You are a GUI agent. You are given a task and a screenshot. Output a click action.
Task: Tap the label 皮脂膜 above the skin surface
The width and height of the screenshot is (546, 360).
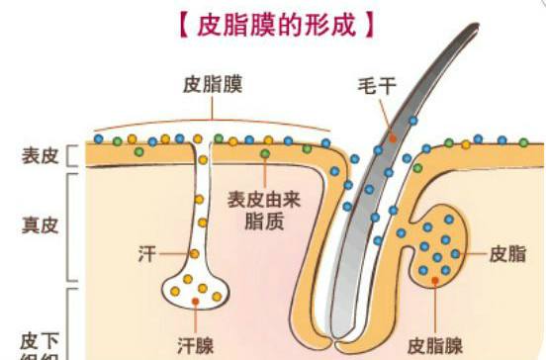pyautogui.click(x=212, y=84)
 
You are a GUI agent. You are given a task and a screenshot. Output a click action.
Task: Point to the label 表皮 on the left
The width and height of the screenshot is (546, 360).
pyautogui.click(x=40, y=155)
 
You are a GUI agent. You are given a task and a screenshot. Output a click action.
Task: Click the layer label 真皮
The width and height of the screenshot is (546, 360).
pyautogui.click(x=40, y=225)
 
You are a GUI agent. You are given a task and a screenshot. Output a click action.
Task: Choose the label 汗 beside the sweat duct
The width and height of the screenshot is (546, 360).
pyautogui.click(x=146, y=254)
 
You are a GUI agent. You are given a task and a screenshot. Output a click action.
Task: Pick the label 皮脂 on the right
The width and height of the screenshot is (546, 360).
pyautogui.click(x=507, y=254)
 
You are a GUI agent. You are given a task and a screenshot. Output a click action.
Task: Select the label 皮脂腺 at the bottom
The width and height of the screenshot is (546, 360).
pyautogui.click(x=435, y=345)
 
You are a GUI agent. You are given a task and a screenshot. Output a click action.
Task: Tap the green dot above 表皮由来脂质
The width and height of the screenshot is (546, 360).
pyautogui.click(x=264, y=154)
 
